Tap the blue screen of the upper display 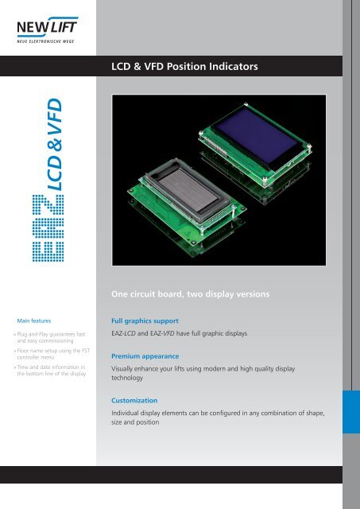point(256,138)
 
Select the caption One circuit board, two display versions point(194,294)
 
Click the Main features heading point(43,320)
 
